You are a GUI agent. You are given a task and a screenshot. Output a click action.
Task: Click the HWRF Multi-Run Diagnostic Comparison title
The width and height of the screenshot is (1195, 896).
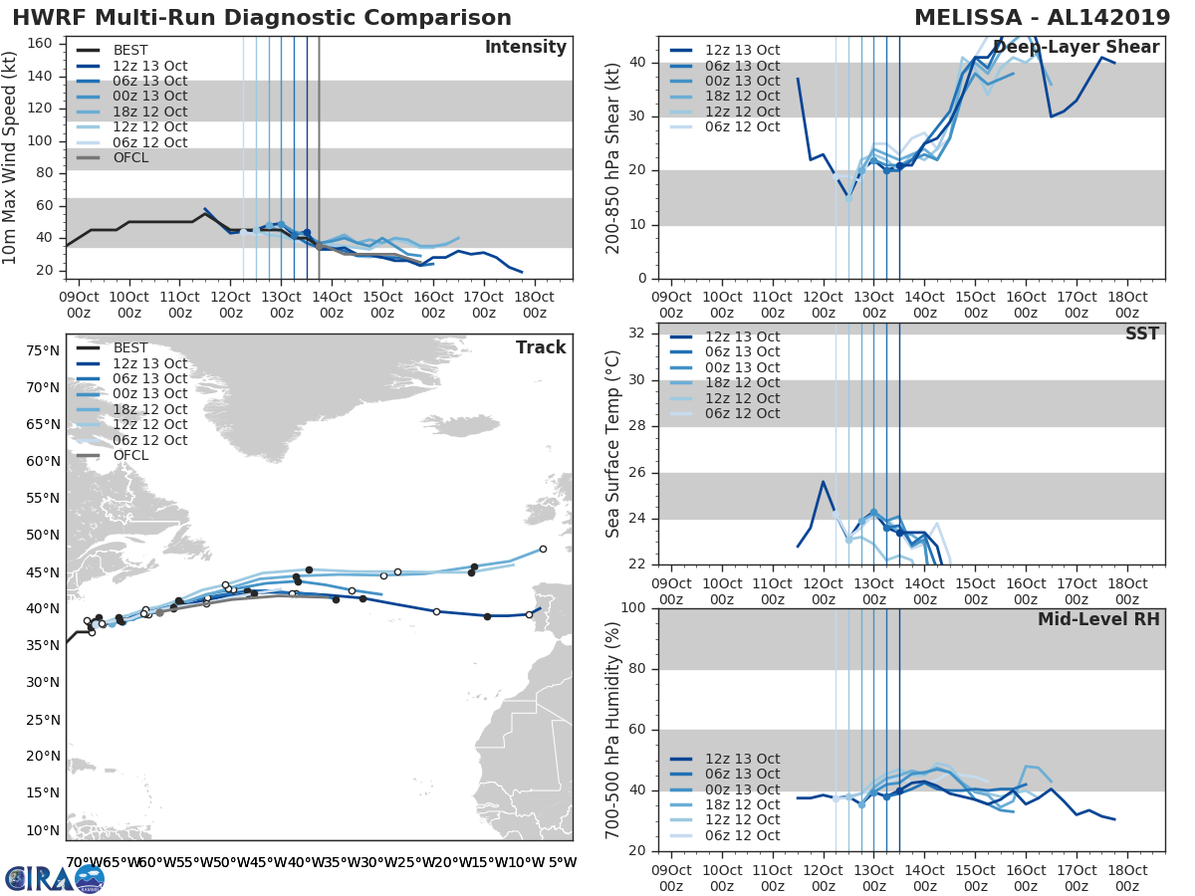[x=262, y=18]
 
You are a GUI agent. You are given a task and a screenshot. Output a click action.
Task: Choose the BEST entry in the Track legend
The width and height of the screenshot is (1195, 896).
[x=131, y=347]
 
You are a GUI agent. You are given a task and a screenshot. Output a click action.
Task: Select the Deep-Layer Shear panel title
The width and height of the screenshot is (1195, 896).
[x=1075, y=48]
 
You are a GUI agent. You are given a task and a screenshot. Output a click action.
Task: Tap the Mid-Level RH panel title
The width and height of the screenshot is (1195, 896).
[x=1097, y=619]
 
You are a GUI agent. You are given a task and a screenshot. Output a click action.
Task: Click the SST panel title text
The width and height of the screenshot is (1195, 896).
[x=1142, y=334]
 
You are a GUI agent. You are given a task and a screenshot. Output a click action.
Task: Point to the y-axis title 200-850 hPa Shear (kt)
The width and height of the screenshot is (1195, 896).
[x=613, y=157]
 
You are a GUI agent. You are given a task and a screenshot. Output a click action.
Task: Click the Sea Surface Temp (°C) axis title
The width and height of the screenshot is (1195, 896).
[x=613, y=444]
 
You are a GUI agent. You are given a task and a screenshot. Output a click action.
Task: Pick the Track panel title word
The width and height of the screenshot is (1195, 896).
[x=540, y=347]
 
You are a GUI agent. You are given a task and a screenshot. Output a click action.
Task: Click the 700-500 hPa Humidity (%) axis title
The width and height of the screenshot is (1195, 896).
[x=613, y=729]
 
